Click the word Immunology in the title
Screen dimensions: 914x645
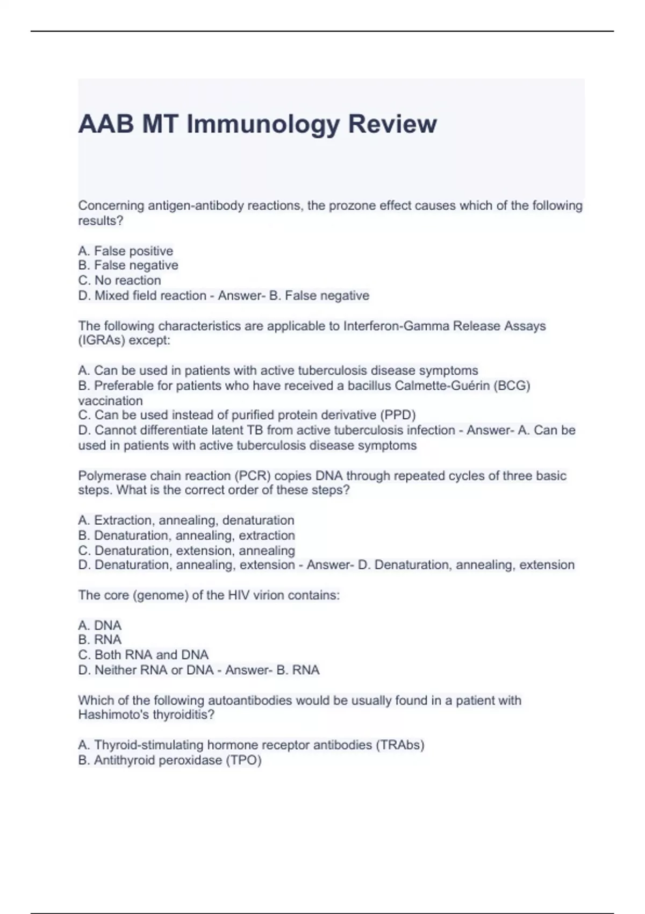(263, 124)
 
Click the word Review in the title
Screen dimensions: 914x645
(392, 124)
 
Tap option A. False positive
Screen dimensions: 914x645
(126, 251)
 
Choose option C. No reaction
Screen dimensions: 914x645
(119, 281)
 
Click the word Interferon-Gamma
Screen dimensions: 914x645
(397, 326)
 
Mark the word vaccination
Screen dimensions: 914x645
(111, 401)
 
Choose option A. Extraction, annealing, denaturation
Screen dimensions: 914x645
(186, 520)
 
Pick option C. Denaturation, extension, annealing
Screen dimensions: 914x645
(187, 551)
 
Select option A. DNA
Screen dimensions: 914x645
(100, 625)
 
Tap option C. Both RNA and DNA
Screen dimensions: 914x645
(143, 655)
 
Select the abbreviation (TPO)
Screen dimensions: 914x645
(243, 760)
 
